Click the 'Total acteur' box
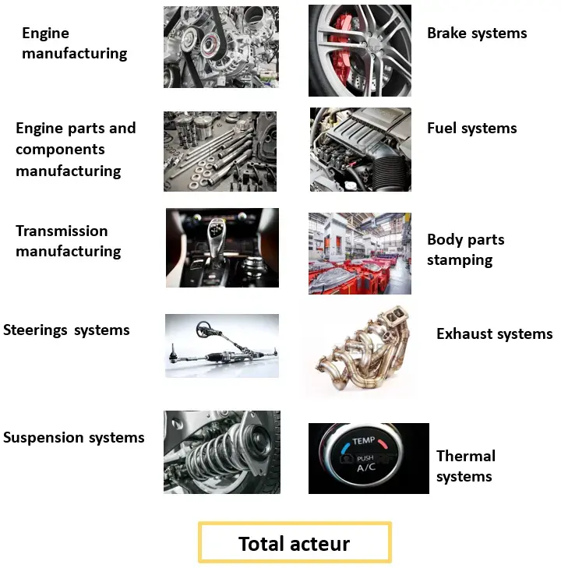295,542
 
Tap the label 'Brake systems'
477,34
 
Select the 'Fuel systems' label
471,129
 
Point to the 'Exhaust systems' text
494,333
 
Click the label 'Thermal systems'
466,466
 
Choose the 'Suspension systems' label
74,438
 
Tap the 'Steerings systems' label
66,330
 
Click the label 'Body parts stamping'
465,249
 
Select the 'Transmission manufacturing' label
68,241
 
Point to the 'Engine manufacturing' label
75,43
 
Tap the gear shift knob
216,231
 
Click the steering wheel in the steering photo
206,330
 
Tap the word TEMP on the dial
363,441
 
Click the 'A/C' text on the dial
365,467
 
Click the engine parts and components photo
220,151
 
